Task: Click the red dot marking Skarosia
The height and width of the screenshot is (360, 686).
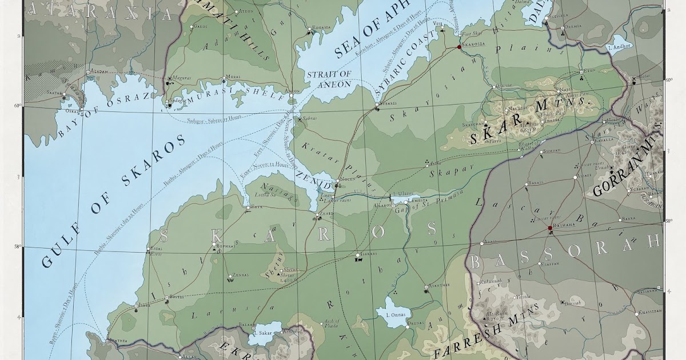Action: (x=458, y=48)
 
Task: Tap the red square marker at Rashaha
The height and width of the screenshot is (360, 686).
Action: (x=550, y=229)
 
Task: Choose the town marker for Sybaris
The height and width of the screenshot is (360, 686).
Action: (x=377, y=105)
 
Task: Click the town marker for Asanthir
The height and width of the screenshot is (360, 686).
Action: (x=426, y=286)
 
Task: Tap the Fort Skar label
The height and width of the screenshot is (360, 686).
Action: (x=470, y=35)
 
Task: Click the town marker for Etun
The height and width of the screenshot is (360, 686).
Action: (x=581, y=71)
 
